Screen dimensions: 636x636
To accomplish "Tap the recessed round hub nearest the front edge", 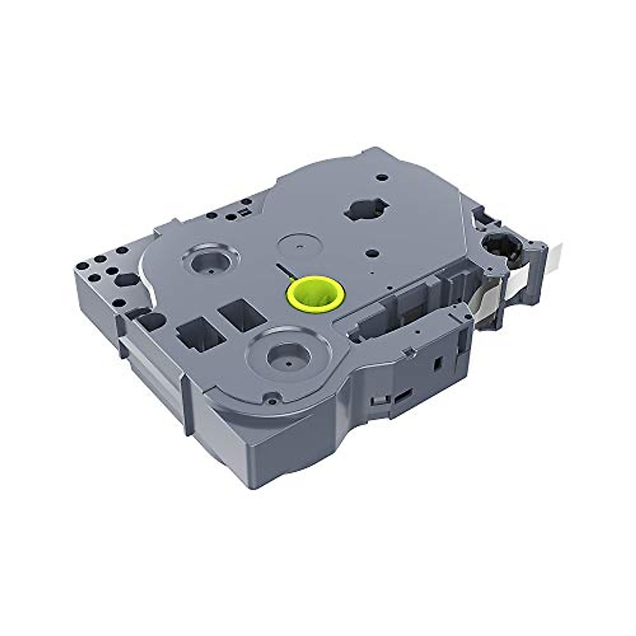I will (287, 358).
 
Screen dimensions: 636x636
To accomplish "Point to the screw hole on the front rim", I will (271, 395).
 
